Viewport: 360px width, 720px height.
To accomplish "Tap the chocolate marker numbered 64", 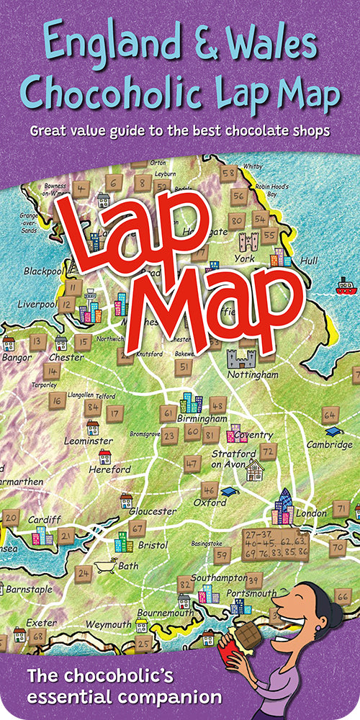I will [330, 415].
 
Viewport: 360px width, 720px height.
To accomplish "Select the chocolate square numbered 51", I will [184, 366].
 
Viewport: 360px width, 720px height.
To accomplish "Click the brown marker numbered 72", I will [268, 451].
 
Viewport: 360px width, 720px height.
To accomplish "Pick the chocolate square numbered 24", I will [84, 574].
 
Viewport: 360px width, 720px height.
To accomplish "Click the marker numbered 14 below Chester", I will [52, 372].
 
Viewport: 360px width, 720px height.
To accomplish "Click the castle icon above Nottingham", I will [240, 358].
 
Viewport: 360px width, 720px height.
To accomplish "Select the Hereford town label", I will [111, 469].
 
